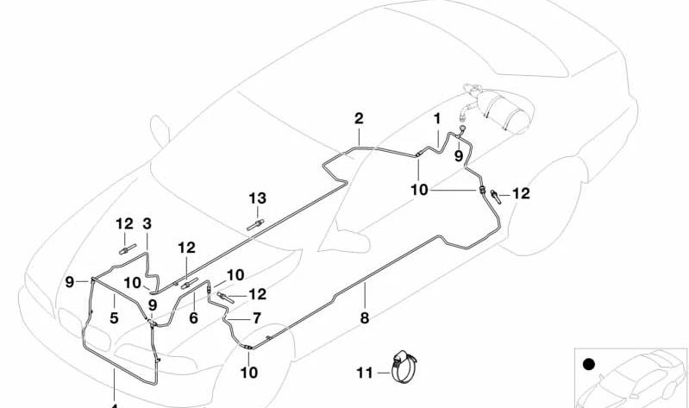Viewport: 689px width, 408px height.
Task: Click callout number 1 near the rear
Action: tap(437, 118)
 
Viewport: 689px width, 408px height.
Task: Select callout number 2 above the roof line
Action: tap(359, 118)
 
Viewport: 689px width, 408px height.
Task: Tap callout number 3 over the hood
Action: tap(147, 223)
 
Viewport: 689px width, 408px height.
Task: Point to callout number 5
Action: tap(114, 317)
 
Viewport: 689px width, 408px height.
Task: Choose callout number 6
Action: tap(194, 317)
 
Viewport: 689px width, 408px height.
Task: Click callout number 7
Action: tap(257, 318)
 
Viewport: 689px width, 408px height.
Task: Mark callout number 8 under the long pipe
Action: tap(365, 317)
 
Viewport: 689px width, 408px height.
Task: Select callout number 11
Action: tap(365, 373)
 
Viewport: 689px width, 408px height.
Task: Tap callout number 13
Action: tap(258, 198)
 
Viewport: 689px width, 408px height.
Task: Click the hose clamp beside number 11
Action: tap(404, 366)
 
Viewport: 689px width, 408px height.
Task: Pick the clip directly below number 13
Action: tap(255, 225)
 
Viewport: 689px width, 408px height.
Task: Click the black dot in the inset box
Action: tap(588, 365)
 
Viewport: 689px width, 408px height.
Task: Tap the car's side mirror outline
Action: tap(159, 130)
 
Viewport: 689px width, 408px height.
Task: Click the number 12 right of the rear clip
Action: tap(521, 193)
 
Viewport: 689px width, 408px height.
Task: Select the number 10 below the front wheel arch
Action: tap(248, 373)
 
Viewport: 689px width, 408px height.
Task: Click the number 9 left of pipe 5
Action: tap(70, 282)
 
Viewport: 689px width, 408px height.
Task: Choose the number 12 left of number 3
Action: tap(124, 223)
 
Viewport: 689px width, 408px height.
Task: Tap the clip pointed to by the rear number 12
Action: tap(496, 196)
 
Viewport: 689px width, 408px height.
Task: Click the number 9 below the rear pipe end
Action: tap(459, 155)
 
